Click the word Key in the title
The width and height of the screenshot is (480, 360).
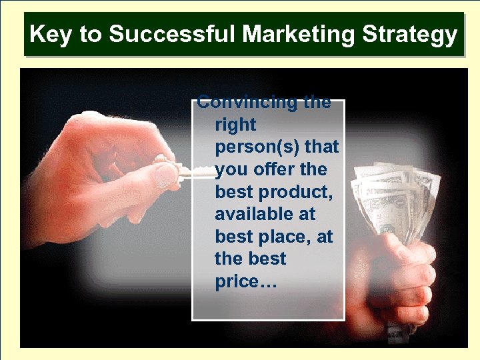50,34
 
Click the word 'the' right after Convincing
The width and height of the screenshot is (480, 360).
317,103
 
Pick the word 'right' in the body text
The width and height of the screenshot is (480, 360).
235,125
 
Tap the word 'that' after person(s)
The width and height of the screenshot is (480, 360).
323,147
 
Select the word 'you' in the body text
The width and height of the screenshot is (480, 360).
231,169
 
